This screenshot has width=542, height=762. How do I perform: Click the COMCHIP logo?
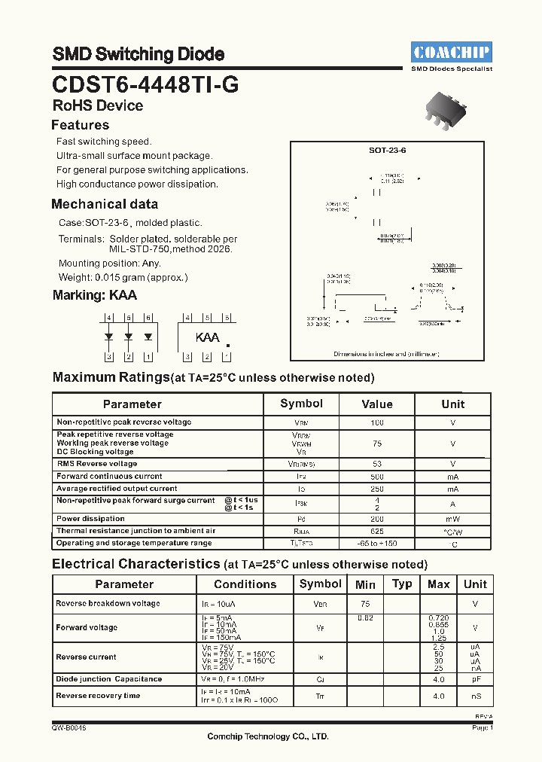[x=452, y=51]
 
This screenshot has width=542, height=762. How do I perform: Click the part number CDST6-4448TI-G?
[x=145, y=84]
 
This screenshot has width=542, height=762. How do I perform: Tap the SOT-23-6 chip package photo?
[x=452, y=109]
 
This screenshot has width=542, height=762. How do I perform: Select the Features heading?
[x=80, y=125]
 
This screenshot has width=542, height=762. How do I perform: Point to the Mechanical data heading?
[x=105, y=204]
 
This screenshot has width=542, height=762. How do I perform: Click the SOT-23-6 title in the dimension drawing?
[x=387, y=150]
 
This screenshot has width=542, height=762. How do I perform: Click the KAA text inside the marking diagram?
[x=207, y=337]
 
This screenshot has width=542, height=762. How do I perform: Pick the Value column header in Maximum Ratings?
[x=376, y=404]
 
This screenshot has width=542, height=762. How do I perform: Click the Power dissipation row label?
[x=90, y=519]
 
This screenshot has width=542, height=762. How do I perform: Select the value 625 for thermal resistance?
[x=376, y=531]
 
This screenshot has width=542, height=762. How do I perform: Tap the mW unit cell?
[x=452, y=519]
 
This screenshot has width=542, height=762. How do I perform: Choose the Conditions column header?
[x=245, y=584]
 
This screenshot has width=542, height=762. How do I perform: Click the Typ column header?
[x=402, y=584]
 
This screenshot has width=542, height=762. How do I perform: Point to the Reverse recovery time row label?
[x=98, y=696]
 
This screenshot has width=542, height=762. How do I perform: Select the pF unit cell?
[x=475, y=679]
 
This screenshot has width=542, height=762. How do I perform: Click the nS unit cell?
[x=475, y=696]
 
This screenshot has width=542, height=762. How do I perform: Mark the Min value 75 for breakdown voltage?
[x=365, y=604]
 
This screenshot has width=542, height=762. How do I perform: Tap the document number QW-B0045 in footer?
[x=69, y=728]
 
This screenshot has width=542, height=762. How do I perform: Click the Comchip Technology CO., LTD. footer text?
[x=268, y=737]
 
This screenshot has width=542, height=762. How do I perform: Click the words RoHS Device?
[x=98, y=105]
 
